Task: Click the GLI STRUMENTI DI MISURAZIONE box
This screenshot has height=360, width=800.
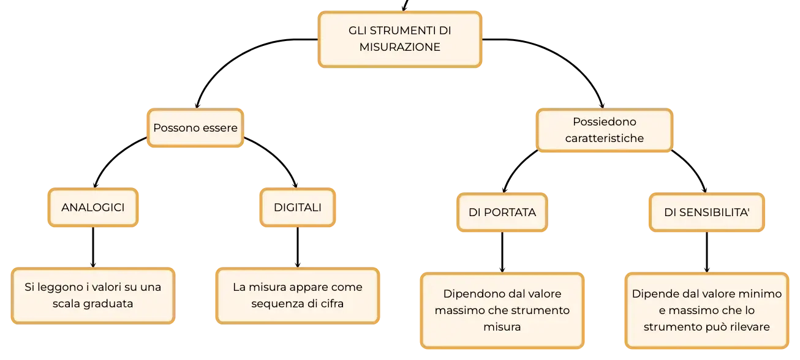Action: coord(399,39)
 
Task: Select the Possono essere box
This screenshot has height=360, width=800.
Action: coord(195,128)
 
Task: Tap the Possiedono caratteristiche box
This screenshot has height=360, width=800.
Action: coord(604,130)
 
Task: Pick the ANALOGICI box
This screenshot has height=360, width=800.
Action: coord(93,208)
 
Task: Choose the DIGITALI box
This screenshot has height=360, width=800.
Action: coord(298,208)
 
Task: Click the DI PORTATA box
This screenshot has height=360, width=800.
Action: coord(502,212)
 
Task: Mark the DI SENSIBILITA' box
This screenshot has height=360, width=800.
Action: coord(707,212)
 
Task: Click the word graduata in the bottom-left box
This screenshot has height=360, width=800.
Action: coord(111,304)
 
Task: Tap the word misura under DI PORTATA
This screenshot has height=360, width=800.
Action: coord(502,327)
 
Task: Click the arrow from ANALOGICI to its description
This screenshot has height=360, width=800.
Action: coord(93,247)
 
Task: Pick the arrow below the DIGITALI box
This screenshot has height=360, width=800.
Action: coord(298,247)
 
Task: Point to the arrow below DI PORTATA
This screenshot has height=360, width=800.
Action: coord(502,252)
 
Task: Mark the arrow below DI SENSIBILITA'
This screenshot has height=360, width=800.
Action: coord(707,252)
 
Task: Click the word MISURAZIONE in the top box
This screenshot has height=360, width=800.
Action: coord(399,47)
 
